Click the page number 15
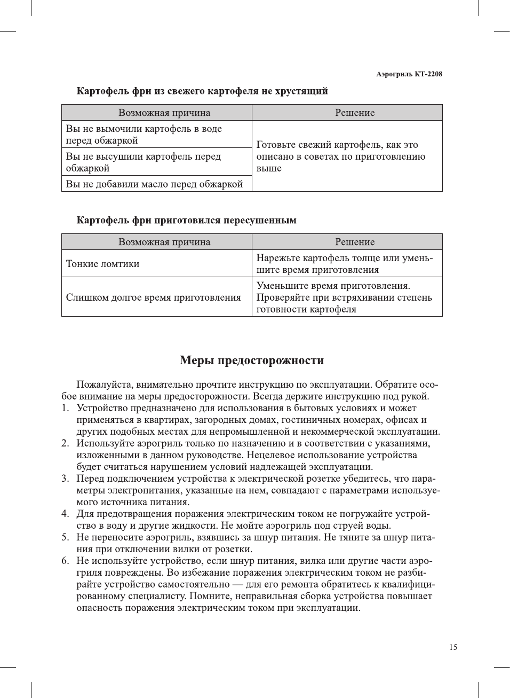(453, 647)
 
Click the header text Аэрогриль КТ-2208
(409, 74)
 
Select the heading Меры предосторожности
(252, 360)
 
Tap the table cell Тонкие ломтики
(103, 264)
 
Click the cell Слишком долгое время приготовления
(154, 297)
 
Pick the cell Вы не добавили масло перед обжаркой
(155, 184)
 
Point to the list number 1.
(65, 408)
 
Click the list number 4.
(65, 514)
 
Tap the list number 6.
(65, 561)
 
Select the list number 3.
(65, 479)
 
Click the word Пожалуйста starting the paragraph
(105, 385)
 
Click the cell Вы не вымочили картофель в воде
(144, 135)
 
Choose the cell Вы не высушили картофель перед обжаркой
(144, 162)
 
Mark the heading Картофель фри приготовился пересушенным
(187, 221)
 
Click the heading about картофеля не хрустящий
(202, 91)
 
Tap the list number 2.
(65, 443)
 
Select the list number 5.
(65, 537)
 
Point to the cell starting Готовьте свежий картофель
(341, 156)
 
